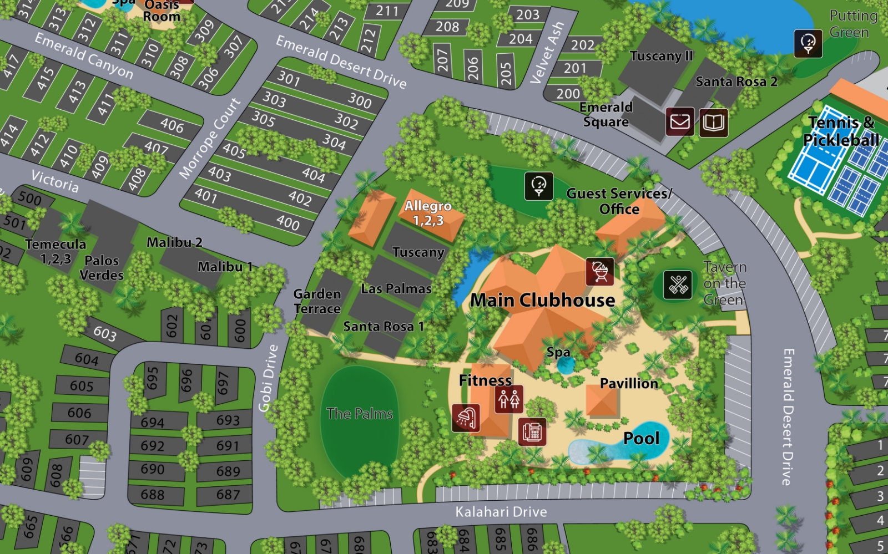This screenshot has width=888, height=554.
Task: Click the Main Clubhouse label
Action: (x=542, y=301)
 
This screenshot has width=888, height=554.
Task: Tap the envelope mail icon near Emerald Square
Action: (x=680, y=121)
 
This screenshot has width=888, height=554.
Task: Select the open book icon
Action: (x=713, y=122)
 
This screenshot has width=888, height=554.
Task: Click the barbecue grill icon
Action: (x=600, y=271)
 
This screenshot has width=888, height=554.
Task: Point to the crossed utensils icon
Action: (x=678, y=284)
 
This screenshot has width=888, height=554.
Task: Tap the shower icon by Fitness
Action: (x=466, y=418)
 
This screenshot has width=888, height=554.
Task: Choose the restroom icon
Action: (x=509, y=399)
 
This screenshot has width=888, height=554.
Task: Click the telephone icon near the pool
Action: (x=532, y=431)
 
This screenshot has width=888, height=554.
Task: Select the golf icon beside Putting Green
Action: (x=808, y=43)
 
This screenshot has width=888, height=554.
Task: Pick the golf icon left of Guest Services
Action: (x=538, y=186)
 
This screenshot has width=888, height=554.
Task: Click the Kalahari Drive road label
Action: (x=501, y=512)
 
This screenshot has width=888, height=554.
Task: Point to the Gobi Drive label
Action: (x=269, y=378)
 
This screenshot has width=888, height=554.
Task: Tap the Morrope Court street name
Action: (x=210, y=139)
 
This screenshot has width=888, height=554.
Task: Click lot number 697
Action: (x=223, y=383)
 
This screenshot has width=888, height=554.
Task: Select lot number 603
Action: (x=105, y=333)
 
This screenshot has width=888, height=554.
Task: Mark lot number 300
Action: (x=360, y=101)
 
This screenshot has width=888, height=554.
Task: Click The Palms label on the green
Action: (x=360, y=414)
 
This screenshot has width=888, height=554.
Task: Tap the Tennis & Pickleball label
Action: (x=841, y=131)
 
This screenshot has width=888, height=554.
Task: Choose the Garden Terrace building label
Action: (x=317, y=301)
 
